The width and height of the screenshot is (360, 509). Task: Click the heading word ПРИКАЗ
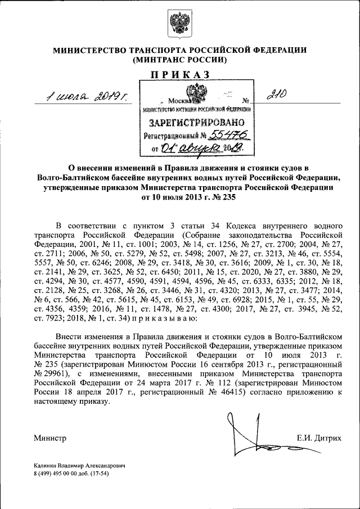pos(179,74)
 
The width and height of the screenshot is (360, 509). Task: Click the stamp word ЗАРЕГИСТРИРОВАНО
pos(196,122)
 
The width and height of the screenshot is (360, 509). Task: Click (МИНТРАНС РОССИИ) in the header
pos(179,60)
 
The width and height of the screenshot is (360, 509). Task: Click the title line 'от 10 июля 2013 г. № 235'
pos(179,197)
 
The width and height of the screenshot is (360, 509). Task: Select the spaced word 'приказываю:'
pos(165,318)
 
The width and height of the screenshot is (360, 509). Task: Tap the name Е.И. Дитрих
pos(320,437)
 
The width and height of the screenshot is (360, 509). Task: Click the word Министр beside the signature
pos(50,438)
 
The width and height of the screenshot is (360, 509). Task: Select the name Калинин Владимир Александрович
pos(78,466)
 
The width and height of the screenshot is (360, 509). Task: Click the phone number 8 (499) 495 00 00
pos(61,474)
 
